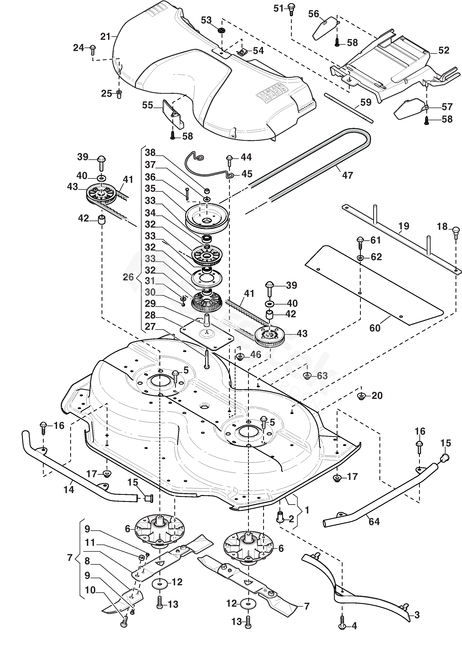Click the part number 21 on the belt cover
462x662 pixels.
(x=105, y=37)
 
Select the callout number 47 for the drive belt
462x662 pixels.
(x=347, y=175)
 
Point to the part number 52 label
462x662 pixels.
(x=444, y=50)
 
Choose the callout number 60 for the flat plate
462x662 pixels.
(x=375, y=328)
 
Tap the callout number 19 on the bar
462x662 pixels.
(x=404, y=226)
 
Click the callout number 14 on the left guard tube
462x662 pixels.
(x=69, y=490)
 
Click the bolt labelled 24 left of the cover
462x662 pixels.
(x=93, y=50)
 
